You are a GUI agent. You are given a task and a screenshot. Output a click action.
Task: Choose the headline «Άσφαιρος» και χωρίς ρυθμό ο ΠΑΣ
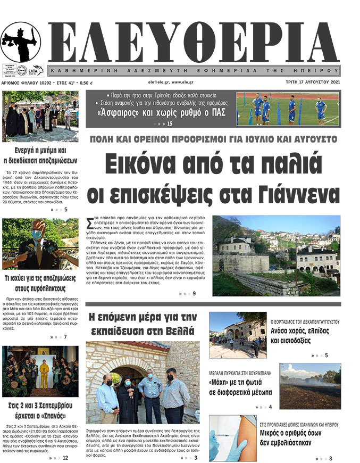pyautogui.click(x=159, y=112)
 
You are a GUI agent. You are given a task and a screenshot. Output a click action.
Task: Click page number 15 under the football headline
pyautogui.click(x=170, y=125)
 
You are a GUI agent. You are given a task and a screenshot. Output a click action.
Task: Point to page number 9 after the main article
pyautogui.click(x=194, y=293)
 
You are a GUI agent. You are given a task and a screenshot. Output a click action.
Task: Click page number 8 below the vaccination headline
pyautogui.click(x=330, y=458)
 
